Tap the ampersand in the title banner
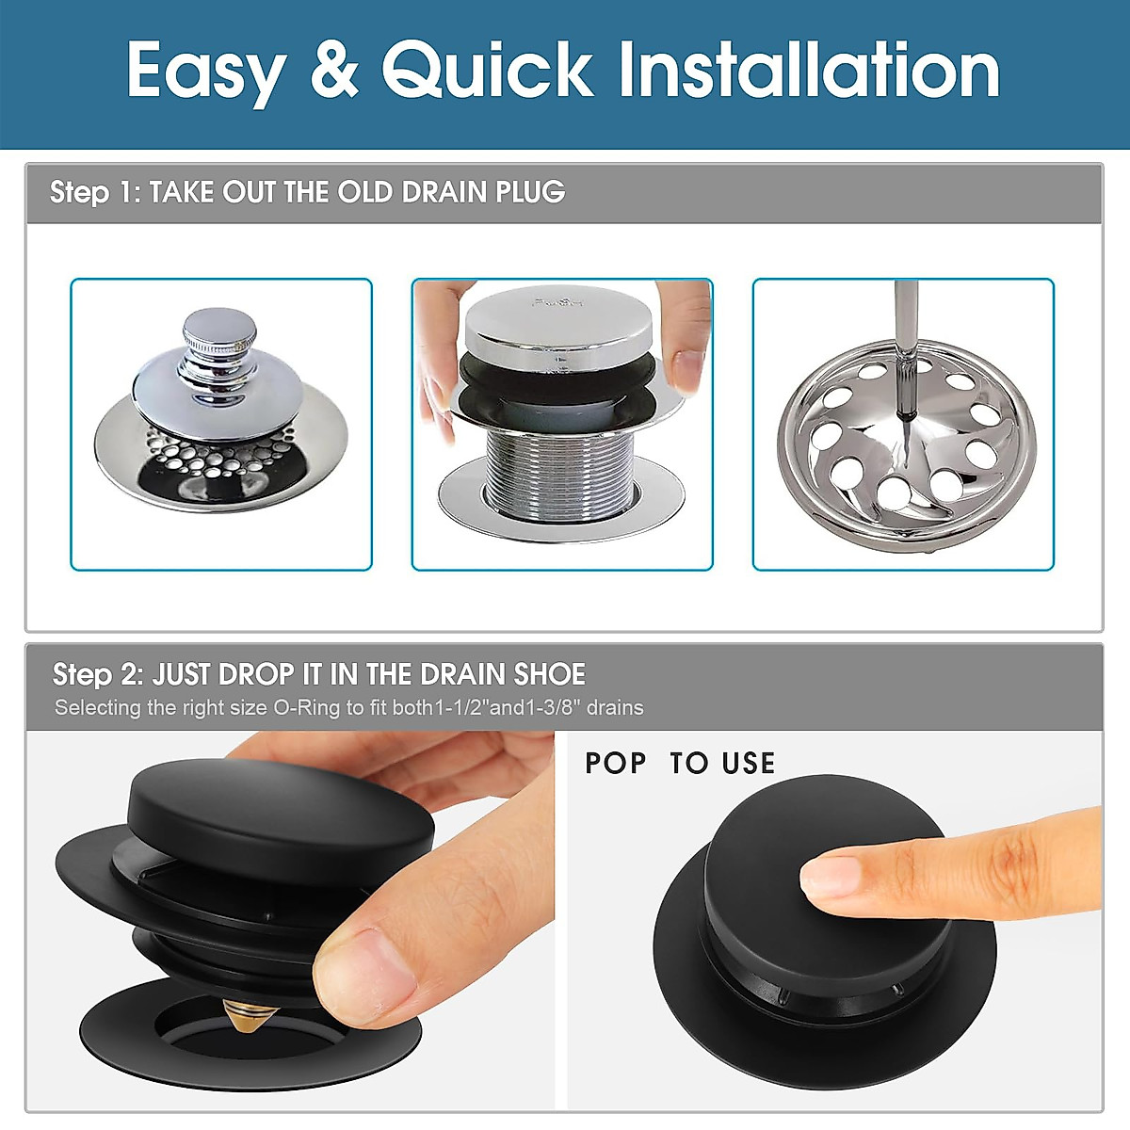(x=334, y=72)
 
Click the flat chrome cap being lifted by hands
(x=558, y=325)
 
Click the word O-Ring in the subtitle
(x=306, y=708)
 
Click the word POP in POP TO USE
(x=615, y=763)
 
